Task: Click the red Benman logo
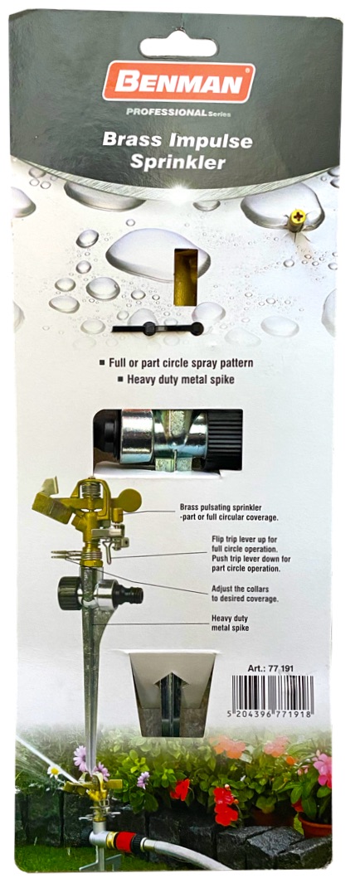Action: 178,82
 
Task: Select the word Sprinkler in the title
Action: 178,163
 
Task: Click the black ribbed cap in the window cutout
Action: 225,439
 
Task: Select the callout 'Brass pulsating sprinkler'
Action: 229,512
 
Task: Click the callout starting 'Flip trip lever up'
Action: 251,553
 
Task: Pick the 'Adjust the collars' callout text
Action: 245,594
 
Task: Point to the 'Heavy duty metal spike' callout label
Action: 230,623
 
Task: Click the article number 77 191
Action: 270,668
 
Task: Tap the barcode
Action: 273,696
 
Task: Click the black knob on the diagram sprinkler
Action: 70,593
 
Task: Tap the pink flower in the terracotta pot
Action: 323,769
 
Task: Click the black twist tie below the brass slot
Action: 158,328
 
